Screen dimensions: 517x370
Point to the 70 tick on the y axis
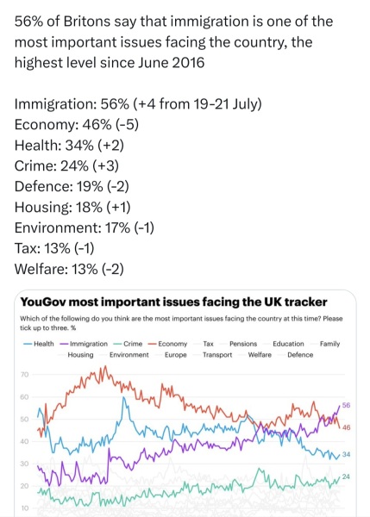click(24, 375)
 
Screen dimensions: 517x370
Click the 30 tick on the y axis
click(24, 464)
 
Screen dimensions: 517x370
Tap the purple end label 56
click(346, 405)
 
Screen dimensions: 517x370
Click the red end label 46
click(346, 427)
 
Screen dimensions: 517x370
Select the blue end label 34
click(346, 454)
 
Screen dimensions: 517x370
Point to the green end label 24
click(346, 477)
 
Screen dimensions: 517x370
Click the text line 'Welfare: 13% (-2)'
click(70, 268)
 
